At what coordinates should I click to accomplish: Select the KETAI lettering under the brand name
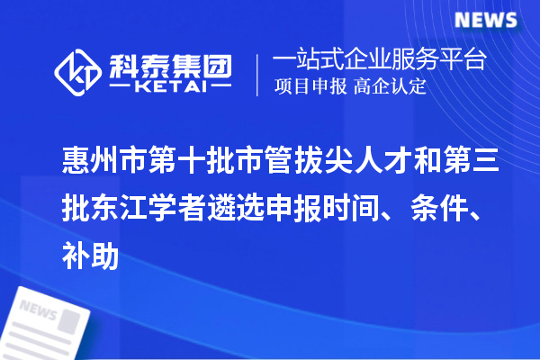[170, 86]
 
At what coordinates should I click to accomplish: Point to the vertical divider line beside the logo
[259, 73]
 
